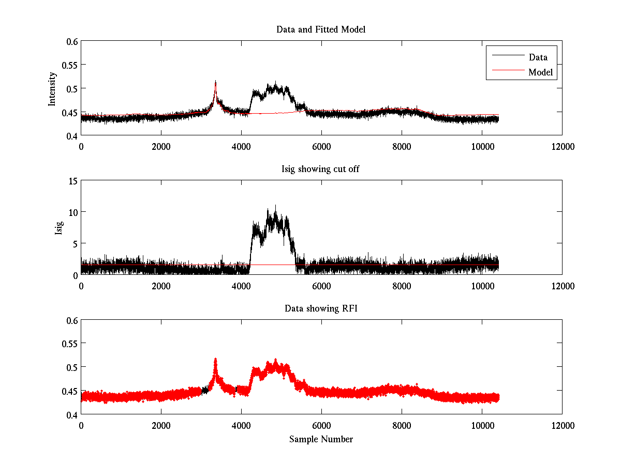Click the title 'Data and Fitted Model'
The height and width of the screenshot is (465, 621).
pos(321,29)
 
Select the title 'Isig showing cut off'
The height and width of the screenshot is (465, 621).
pos(321,169)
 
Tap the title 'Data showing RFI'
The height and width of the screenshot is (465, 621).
pos(321,308)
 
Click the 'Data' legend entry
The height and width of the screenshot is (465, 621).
pos(538,57)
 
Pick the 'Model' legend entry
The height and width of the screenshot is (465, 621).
pos(540,72)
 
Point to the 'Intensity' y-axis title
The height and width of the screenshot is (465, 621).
pos(52,88)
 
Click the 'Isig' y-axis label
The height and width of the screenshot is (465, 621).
pos(58,227)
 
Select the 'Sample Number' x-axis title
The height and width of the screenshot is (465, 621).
pos(321,439)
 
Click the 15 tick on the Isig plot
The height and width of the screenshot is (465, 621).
pos(72,181)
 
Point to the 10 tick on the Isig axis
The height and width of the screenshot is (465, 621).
pos(72,212)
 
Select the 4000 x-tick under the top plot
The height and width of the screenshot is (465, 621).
pos(241,146)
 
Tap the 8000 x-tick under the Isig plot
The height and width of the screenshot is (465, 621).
pos(402,286)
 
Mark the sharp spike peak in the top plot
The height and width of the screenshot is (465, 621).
pos(215,81)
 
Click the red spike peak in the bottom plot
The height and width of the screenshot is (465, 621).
pos(215,358)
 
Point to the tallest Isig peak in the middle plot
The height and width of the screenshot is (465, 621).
pos(275,205)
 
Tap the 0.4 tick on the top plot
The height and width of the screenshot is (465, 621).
pos(71,135)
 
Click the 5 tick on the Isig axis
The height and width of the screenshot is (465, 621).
pos(75,243)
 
